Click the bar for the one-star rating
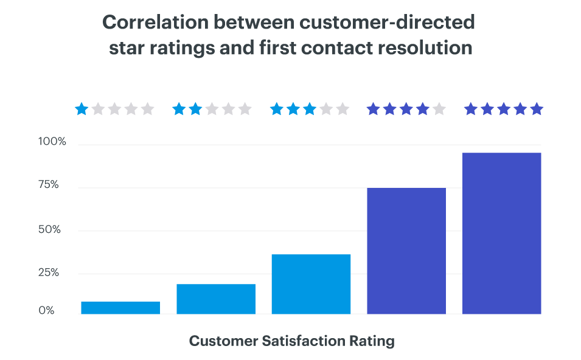(x=120, y=308)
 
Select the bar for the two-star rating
(x=216, y=299)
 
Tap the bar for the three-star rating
(x=311, y=284)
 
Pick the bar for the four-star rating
(x=406, y=251)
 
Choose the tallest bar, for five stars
(x=501, y=233)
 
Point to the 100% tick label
(x=52, y=142)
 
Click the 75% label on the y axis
(x=49, y=185)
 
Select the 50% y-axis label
(x=49, y=230)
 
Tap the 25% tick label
(x=49, y=272)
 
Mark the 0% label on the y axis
(x=47, y=310)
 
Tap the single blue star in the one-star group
(x=82, y=109)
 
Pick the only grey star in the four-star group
(x=439, y=109)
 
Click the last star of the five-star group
(x=536, y=109)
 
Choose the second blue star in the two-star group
(x=195, y=109)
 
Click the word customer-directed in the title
(x=395, y=22)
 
